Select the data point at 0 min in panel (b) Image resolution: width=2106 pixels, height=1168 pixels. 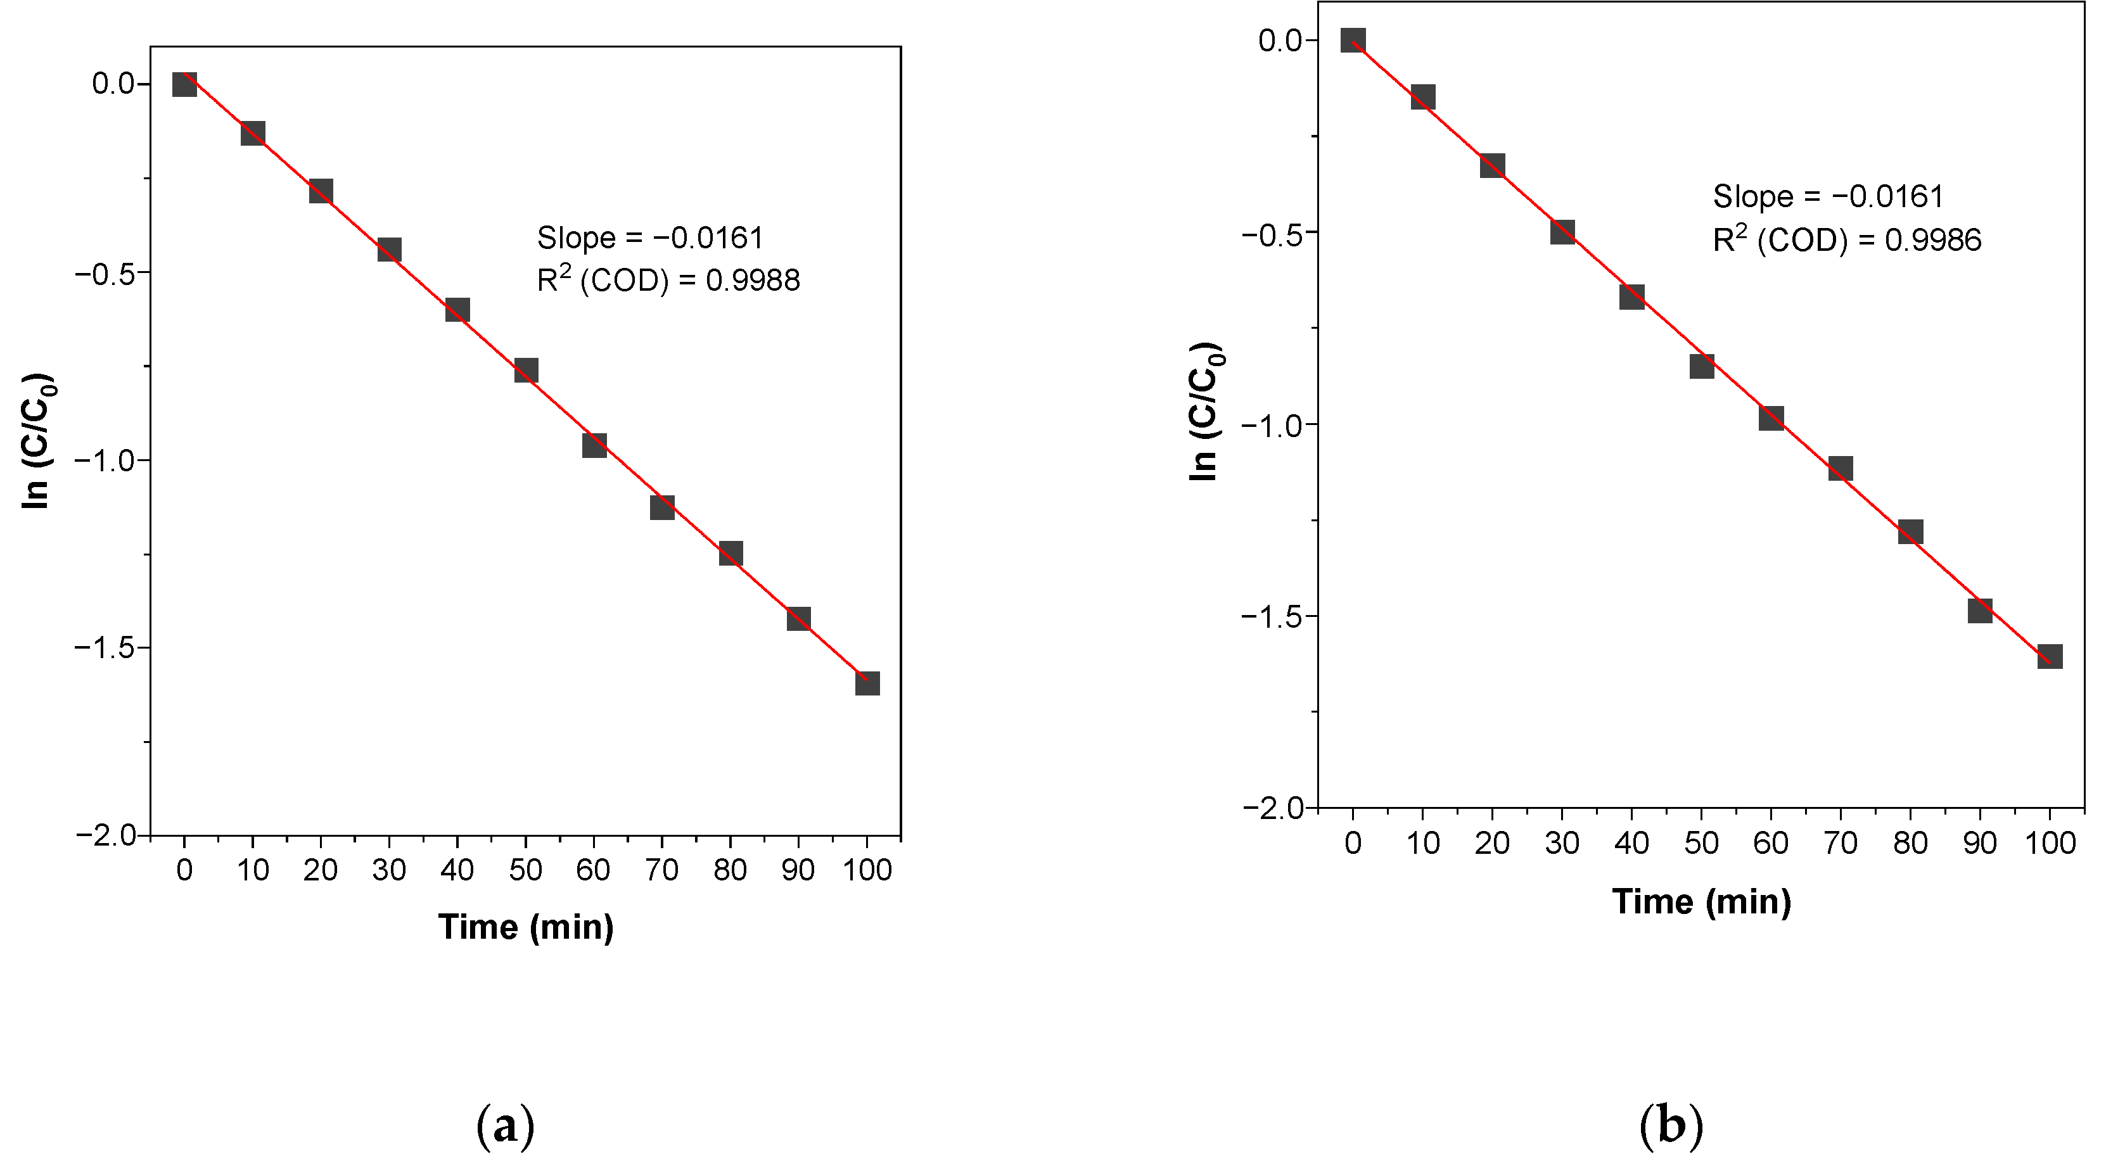pos(1353,40)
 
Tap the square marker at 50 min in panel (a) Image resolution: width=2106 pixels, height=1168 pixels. pos(526,371)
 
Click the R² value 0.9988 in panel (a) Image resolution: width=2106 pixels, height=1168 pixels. pos(752,281)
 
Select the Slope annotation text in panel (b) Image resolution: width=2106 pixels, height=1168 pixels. pos(1828,196)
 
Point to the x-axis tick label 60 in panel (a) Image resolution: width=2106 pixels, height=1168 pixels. pos(593,870)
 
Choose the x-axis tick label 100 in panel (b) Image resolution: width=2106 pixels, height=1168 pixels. pos(2050,842)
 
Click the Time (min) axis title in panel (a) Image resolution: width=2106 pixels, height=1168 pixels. pos(526,927)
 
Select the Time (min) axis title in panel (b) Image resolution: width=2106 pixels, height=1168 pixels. pos(1701,901)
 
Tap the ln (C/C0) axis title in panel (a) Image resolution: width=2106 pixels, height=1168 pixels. pos(37,441)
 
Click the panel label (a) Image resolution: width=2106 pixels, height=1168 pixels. pos(505,1126)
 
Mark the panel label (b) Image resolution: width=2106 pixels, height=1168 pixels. pos(1671,1126)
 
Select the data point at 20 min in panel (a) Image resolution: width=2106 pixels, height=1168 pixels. pos(321,192)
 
